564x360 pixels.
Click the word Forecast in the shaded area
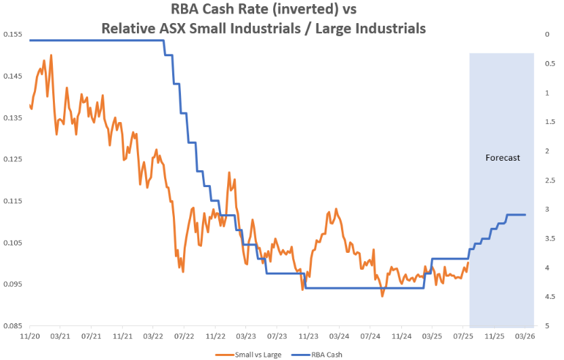(x=502, y=157)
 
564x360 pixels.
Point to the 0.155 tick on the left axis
(x=12, y=34)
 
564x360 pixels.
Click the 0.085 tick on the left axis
(x=12, y=326)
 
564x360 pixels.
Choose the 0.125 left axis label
(x=12, y=159)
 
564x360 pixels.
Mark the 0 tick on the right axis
(x=546, y=34)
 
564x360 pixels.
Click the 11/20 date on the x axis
(x=29, y=336)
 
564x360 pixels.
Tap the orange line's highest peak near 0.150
(x=51, y=55)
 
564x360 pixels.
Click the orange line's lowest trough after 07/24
(x=382, y=296)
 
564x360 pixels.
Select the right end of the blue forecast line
(x=525, y=215)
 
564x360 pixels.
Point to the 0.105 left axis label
(x=12, y=243)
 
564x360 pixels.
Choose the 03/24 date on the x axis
(x=339, y=336)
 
